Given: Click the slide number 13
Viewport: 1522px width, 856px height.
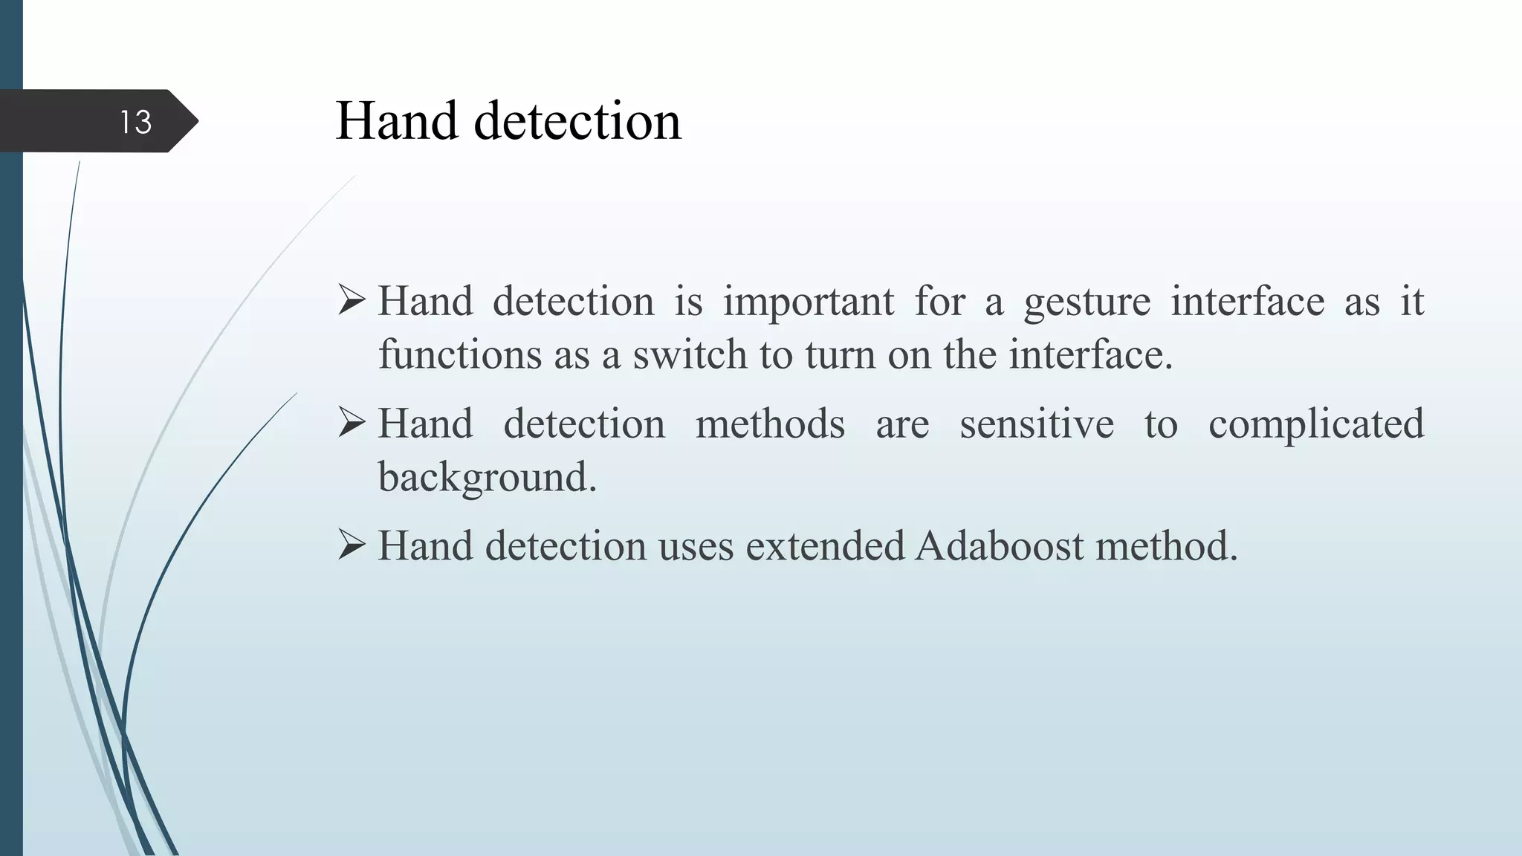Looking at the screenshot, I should pyautogui.click(x=136, y=122).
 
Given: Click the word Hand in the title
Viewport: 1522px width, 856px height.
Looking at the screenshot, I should pyautogui.click(x=396, y=121).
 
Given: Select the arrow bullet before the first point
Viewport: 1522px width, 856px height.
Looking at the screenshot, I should pyautogui.click(x=352, y=302).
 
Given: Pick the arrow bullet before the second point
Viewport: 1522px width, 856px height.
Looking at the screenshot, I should pyautogui.click(x=352, y=424).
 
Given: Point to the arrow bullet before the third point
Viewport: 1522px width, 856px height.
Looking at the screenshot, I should pyautogui.click(x=352, y=546).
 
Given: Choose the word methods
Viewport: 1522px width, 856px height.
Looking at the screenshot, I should pyautogui.click(x=770, y=424).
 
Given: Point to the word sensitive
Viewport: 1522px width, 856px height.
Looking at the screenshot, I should pyautogui.click(x=1036, y=424).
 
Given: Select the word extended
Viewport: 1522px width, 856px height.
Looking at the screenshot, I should pyautogui.click(x=825, y=547).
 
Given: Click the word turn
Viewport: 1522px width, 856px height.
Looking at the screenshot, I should pyautogui.click(x=840, y=354).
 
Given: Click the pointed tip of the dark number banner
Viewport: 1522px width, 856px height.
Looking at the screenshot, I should pyautogui.click(x=196, y=121).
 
